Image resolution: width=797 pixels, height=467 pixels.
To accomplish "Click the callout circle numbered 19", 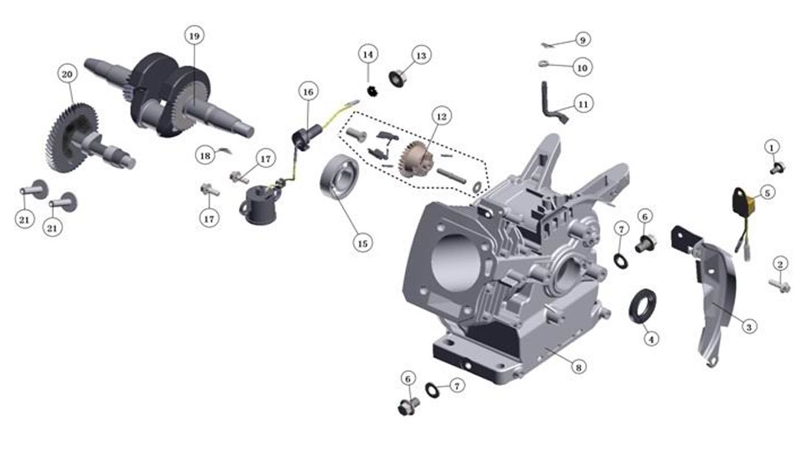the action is [194, 36].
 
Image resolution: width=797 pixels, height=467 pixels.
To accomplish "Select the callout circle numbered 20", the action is [67, 74].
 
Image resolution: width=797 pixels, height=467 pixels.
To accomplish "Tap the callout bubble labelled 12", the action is [441, 116].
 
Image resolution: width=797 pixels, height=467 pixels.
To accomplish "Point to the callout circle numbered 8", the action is [578, 367].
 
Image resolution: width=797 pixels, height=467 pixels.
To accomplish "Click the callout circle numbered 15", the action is [362, 243].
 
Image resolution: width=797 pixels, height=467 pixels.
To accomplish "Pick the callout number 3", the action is [749, 326].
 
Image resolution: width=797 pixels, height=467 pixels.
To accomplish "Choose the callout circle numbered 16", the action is [308, 92].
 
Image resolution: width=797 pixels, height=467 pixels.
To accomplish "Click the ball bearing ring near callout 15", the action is [339, 177].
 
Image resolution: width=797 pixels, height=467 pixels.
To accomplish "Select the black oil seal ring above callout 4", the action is [643, 306].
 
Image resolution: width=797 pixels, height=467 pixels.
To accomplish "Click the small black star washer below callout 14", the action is [372, 91].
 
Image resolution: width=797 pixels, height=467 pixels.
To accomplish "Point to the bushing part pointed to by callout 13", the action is [397, 78].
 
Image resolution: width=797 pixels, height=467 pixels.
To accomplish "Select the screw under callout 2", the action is [780, 285].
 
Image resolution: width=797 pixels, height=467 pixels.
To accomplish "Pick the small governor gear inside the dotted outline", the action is [416, 159].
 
